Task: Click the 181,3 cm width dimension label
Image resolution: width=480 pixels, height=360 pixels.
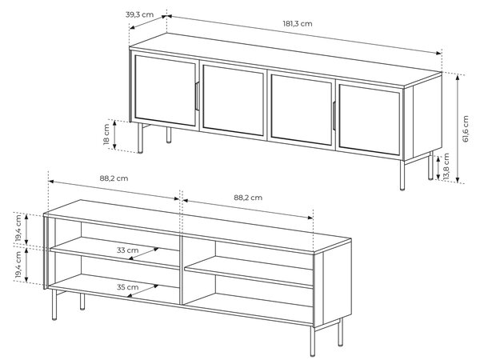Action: [x=298, y=23]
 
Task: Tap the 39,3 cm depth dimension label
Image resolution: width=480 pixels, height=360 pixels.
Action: [x=139, y=14]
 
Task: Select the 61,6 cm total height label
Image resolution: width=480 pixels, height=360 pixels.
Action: [x=466, y=129]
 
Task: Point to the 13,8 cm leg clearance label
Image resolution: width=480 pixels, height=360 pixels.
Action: [x=446, y=166]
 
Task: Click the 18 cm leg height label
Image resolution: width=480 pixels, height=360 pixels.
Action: [x=106, y=134]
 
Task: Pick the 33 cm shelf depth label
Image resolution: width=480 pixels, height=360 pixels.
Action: [x=127, y=250]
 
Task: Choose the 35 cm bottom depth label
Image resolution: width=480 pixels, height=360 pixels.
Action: [x=127, y=287]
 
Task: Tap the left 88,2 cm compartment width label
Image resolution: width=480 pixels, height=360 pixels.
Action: [x=114, y=178]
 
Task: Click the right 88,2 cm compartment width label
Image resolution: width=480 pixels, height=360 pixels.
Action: [x=248, y=198]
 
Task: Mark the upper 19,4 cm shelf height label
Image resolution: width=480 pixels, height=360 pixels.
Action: [x=18, y=228]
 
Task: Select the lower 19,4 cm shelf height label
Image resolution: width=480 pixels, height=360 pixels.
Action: [x=18, y=265]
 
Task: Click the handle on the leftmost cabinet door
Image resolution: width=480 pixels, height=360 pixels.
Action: [x=197, y=96]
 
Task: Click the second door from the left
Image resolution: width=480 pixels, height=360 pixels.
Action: [x=234, y=99]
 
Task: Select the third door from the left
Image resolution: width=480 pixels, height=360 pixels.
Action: [x=302, y=110]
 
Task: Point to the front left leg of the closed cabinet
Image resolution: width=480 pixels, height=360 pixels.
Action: [x=140, y=138]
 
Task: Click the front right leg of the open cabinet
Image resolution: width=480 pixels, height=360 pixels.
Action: [x=313, y=341]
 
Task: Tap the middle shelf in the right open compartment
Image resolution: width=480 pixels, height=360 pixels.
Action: [x=249, y=272]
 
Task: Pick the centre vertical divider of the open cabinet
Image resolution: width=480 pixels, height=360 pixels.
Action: [x=181, y=269]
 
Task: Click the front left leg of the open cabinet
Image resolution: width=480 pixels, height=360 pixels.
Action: [x=54, y=305]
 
